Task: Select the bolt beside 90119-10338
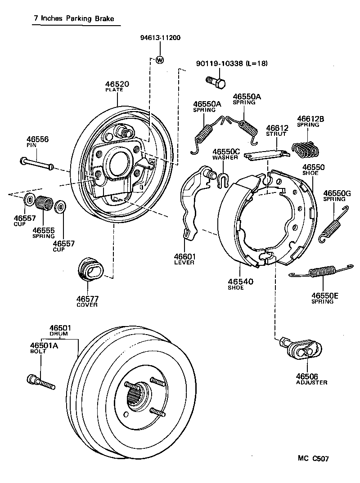pos(215,82)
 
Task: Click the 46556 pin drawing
pos(37,163)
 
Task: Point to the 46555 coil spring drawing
pos(44,203)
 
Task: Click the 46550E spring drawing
pos(323,272)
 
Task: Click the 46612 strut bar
pos(266,154)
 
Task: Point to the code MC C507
pos(313,459)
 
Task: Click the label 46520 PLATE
pos(117,86)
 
